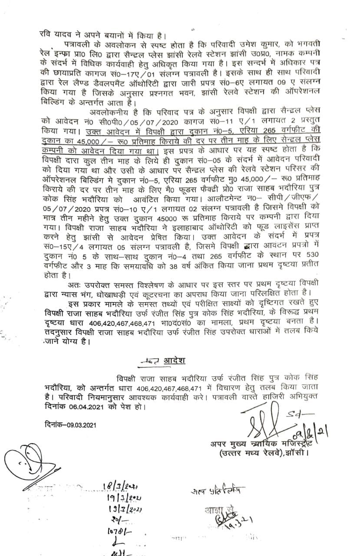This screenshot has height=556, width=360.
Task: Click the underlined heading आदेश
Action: point(175,361)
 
